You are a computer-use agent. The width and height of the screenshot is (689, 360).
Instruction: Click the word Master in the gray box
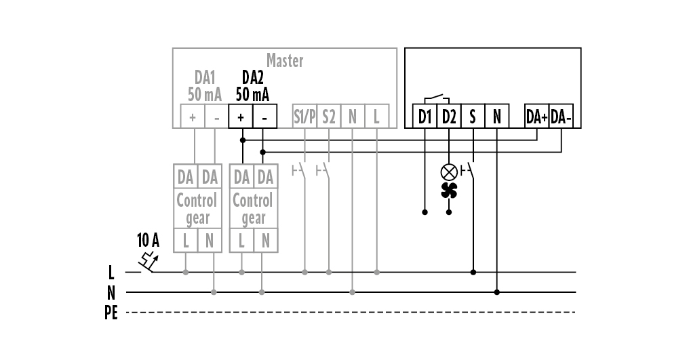click(285, 60)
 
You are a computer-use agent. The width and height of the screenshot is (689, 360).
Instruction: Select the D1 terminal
click(425, 117)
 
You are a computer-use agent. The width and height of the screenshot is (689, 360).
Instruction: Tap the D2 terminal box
click(449, 117)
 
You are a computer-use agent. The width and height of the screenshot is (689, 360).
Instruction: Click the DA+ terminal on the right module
click(537, 117)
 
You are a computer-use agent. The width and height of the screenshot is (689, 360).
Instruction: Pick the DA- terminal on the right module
click(562, 117)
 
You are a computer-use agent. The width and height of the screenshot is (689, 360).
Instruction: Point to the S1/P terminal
click(304, 117)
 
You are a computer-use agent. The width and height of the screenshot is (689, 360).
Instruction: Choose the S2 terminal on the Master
click(329, 117)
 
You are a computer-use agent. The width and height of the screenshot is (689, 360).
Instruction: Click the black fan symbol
click(449, 191)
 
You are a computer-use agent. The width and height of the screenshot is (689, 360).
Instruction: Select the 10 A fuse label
click(148, 239)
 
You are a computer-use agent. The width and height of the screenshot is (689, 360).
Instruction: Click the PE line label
click(111, 313)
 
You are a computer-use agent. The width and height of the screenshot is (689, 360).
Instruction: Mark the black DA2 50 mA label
click(252, 86)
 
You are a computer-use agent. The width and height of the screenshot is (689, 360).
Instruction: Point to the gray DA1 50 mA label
click(205, 86)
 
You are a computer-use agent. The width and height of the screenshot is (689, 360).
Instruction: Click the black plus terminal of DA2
click(241, 117)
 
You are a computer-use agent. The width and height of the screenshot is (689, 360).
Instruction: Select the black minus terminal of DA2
click(264, 117)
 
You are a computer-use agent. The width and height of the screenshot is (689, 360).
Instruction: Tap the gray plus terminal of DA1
click(193, 117)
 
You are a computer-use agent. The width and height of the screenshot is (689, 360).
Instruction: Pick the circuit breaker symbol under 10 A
click(147, 261)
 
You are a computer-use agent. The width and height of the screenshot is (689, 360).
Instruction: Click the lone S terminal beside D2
click(473, 117)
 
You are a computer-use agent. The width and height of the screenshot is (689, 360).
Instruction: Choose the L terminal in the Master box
click(376, 117)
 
